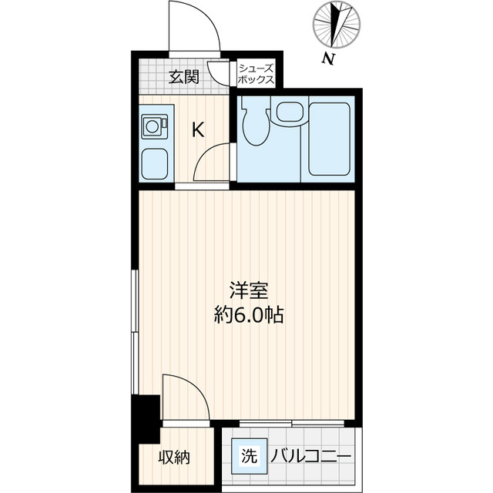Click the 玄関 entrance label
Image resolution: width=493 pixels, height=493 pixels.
coord(184,77)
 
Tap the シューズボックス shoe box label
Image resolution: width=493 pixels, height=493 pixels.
coord(256,74)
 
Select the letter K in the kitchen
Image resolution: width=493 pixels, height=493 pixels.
coord(198,129)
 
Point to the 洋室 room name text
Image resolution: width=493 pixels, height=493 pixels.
coord(249,291)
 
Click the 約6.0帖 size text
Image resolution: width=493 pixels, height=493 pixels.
coord(249,315)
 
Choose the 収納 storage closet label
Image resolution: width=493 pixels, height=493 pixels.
coord(174,457)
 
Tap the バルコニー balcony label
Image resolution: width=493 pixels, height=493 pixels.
coord(310,457)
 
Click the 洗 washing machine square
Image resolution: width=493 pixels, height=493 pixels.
coord(250,456)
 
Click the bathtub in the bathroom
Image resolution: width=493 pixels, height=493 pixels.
coord(329,139)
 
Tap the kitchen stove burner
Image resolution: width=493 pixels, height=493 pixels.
coord(154,126)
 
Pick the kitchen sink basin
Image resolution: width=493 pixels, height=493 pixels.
coord(154,164)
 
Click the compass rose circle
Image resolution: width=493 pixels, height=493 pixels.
coord(337,25)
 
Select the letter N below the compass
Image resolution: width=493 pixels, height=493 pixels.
coord(329,59)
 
